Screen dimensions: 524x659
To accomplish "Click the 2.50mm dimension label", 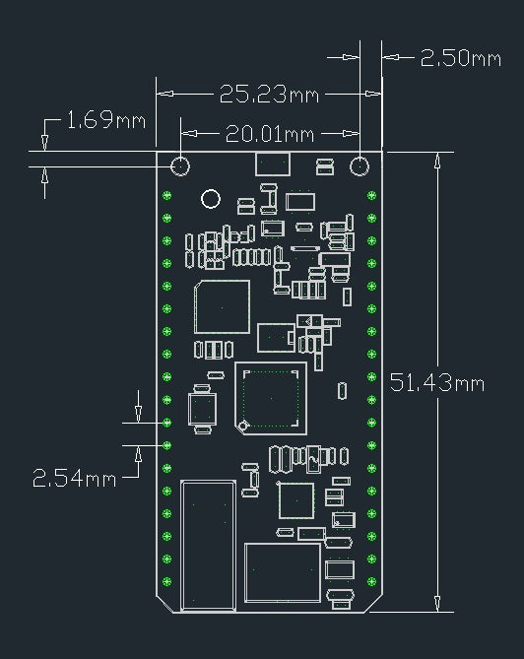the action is [461, 58].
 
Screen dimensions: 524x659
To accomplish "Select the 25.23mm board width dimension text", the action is [269, 95].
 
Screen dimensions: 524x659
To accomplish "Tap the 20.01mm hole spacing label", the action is [269, 134].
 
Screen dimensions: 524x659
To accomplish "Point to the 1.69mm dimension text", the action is [106, 120].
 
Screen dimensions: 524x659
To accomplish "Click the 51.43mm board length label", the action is [437, 382].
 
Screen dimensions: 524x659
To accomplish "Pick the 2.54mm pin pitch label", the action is [74, 479].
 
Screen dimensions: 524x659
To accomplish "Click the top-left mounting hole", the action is [180, 166].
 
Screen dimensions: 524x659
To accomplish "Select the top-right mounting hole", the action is [360, 166].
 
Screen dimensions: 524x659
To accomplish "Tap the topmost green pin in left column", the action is [166, 195].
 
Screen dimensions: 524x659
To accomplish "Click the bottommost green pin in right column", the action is [371, 581].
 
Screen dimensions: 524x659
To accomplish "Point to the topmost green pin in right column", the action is [371, 195].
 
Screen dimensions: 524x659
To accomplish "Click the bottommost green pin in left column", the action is [166, 581].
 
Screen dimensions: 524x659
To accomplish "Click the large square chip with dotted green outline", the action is [271, 398].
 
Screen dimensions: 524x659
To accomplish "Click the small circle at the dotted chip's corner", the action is [242, 427].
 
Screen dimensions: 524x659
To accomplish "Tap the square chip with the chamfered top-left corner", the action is [223, 307].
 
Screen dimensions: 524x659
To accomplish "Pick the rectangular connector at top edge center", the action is [273, 164].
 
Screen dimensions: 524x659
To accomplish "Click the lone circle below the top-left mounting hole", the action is [211, 199].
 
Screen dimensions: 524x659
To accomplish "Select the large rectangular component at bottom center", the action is [283, 573].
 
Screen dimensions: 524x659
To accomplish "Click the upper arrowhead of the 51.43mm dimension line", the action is [437, 161].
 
